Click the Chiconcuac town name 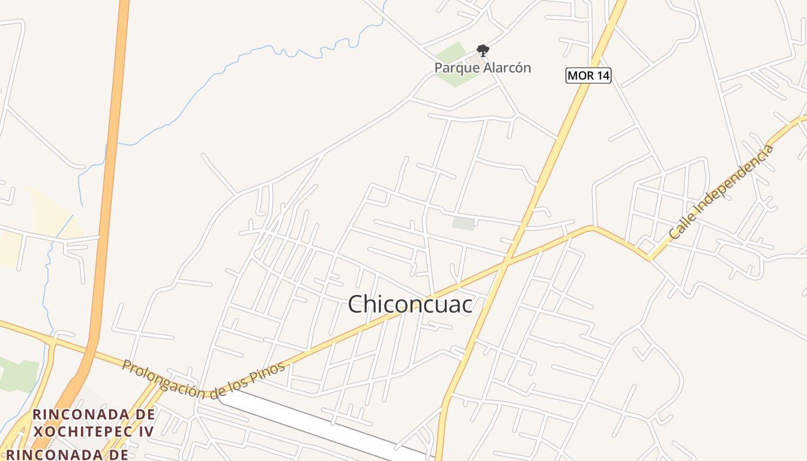click(410, 304)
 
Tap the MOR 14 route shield click(588, 75)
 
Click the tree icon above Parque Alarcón click(482, 51)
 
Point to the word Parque click(456, 68)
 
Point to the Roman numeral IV click(146, 431)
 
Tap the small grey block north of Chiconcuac click(463, 224)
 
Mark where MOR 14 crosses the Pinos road click(505, 263)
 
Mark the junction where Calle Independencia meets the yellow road click(650, 259)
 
